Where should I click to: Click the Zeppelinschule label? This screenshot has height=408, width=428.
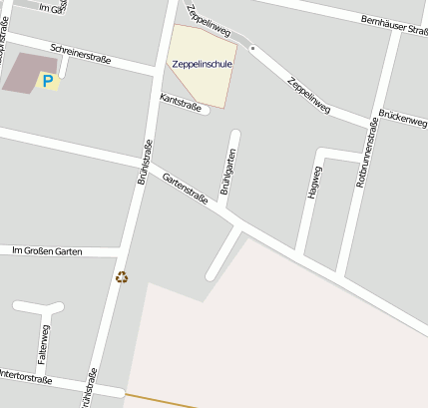[202, 63]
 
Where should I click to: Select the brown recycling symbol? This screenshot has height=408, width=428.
[122, 277]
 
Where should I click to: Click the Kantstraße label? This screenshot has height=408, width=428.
[181, 103]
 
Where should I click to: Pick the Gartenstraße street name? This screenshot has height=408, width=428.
[185, 186]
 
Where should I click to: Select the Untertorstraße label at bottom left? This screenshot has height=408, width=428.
[25, 378]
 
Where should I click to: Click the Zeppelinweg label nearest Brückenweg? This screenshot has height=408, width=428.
[307, 101]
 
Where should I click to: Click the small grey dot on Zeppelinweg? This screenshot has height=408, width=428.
[252, 48]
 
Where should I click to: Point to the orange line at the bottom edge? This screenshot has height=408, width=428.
[160, 401]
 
